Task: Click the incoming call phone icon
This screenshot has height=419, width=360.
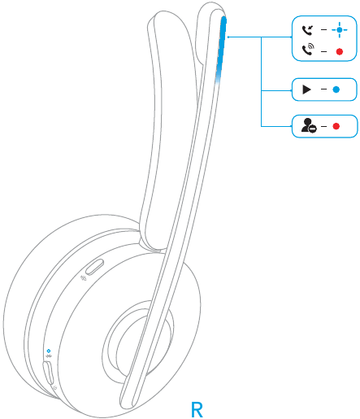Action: pyautogui.click(x=307, y=30)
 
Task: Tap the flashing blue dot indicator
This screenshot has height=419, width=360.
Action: pyautogui.click(x=340, y=30)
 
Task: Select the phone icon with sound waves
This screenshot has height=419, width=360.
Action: pyautogui.click(x=308, y=49)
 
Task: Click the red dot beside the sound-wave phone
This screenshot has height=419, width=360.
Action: pyautogui.click(x=340, y=51)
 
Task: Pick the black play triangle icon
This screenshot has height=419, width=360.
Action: pyautogui.click(x=306, y=89)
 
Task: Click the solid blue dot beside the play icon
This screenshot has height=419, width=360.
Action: pyautogui.click(x=336, y=89)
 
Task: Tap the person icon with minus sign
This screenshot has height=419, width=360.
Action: pyautogui.click(x=309, y=125)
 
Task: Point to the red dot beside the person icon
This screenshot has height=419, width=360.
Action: pyautogui.click(x=336, y=126)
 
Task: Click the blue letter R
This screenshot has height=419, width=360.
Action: pyautogui.click(x=197, y=409)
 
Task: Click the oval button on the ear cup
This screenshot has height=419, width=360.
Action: pyautogui.click(x=94, y=267)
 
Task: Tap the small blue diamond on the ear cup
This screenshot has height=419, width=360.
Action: pyautogui.click(x=49, y=351)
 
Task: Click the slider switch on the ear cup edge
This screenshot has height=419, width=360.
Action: pyautogui.click(x=48, y=373)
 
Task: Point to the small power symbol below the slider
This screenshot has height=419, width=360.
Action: pyautogui.click(x=55, y=388)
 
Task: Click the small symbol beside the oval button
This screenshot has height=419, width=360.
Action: pyautogui.click(x=83, y=278)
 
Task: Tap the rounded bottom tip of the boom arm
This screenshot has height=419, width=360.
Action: pyautogui.click(x=127, y=404)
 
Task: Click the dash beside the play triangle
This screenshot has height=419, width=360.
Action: pyautogui.click(x=323, y=89)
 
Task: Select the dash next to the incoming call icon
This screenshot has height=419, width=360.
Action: pyautogui.click(x=323, y=29)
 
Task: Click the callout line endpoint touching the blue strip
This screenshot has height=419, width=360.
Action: pyautogui.click(x=228, y=37)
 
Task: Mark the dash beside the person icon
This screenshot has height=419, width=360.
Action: pyautogui.click(x=323, y=126)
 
